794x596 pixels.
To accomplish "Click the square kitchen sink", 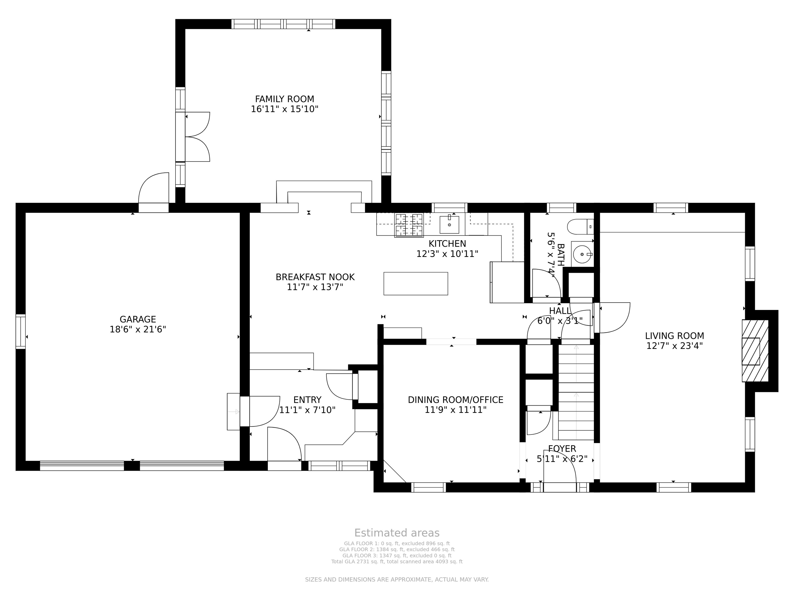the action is (449, 225).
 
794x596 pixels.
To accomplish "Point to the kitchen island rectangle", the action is (416, 284).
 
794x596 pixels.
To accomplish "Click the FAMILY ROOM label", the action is (285, 99).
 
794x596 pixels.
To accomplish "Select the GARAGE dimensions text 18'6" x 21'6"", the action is (138, 329).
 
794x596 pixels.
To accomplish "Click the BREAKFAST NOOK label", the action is (315, 277).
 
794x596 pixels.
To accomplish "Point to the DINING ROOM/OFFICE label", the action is (455, 400).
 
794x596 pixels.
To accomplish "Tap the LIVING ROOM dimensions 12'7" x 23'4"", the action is (675, 346).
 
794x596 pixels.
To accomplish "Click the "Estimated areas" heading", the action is (397, 533).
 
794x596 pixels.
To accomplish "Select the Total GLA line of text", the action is (397, 562).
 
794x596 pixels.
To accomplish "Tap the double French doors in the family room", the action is (193, 137).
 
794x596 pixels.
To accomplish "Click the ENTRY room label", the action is (307, 400).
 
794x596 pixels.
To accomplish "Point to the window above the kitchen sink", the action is (449, 208).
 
